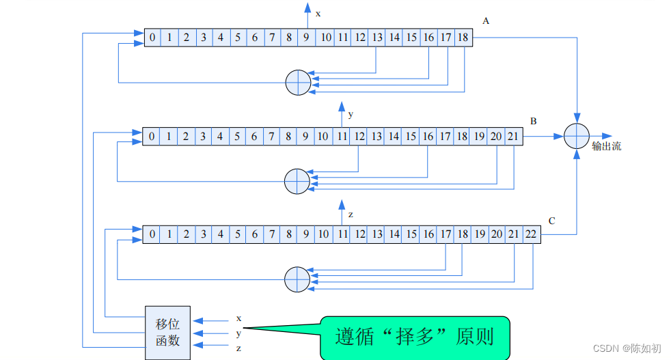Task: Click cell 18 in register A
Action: tap(463, 38)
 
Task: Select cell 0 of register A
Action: tap(152, 38)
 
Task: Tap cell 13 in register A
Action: tap(377, 38)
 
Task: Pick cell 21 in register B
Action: tap(512, 136)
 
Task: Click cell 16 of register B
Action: tap(428, 136)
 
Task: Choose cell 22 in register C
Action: tap(531, 234)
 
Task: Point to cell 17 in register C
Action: tap(446, 234)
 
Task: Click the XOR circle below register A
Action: tap(297, 83)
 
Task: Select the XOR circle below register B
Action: tap(297, 181)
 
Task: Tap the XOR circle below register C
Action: tap(297, 279)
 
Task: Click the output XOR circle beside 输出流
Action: tap(577, 136)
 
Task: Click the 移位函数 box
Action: tap(167, 332)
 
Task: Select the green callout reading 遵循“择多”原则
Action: tap(415, 337)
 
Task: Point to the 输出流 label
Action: tap(607, 146)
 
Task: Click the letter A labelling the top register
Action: tap(486, 21)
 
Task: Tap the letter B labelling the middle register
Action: tap(534, 121)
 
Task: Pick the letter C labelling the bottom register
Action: tap(551, 221)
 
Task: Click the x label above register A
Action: tap(318, 13)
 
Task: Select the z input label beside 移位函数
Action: tap(238, 348)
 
